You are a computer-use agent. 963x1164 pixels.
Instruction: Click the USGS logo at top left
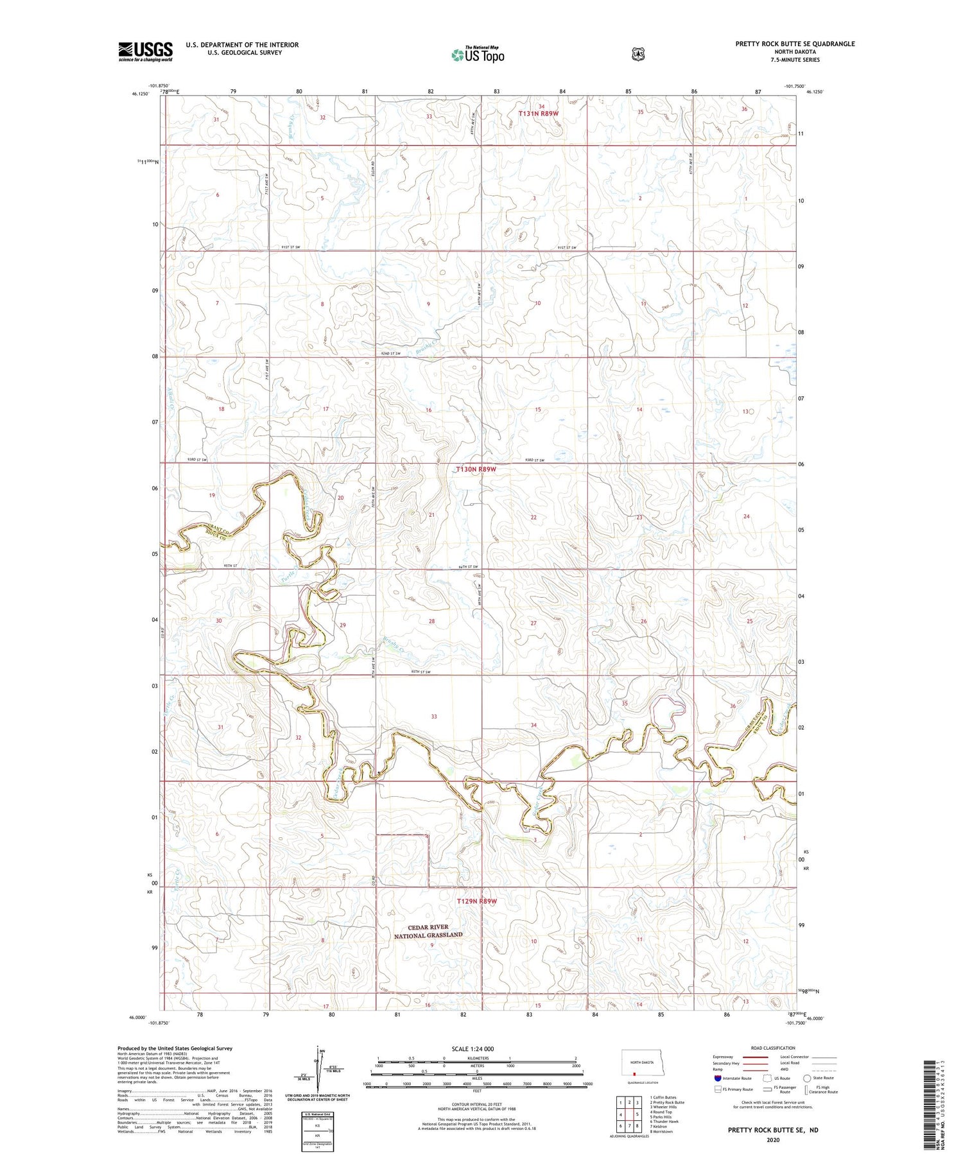point(145,51)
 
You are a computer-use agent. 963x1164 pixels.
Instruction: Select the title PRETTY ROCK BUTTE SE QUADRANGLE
point(795,44)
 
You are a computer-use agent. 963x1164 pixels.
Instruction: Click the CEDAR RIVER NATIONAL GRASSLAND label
point(428,932)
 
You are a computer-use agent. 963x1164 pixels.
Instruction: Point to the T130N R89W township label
point(476,469)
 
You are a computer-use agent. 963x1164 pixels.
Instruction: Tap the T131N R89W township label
point(539,114)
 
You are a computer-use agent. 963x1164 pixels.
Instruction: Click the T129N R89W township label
point(476,901)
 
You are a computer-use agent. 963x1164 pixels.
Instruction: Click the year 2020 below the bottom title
point(772,1140)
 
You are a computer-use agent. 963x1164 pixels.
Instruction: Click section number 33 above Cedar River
point(434,717)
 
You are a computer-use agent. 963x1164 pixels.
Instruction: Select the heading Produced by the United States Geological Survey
point(175,1048)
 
